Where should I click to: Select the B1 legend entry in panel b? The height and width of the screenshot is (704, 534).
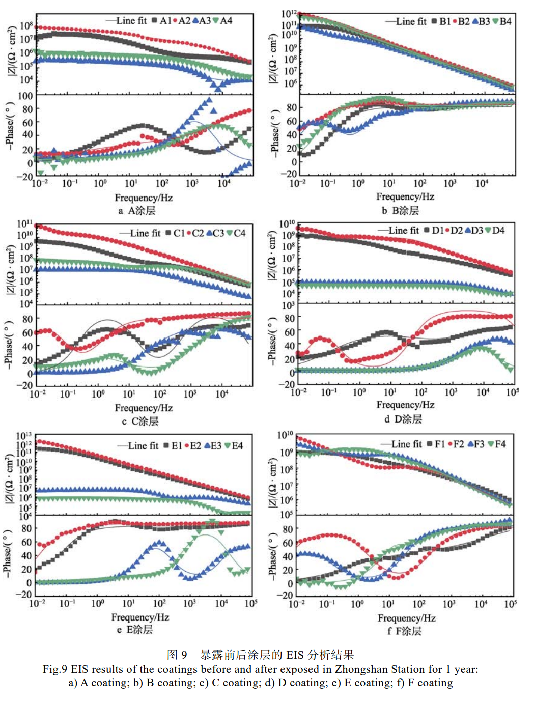click(441, 21)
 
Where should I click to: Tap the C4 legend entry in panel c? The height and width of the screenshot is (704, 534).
click(237, 233)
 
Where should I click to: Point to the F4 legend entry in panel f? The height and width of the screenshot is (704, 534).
click(497, 444)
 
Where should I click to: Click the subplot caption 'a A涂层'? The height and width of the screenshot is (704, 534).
click(137, 211)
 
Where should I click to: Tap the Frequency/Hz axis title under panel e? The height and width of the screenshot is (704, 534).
click(140, 617)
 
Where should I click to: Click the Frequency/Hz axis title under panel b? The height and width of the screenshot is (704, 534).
click(405, 196)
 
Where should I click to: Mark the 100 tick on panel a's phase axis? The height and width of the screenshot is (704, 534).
click(25, 96)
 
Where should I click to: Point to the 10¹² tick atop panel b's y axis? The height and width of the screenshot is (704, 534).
click(289, 13)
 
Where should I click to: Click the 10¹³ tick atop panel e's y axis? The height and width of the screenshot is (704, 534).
click(24, 436)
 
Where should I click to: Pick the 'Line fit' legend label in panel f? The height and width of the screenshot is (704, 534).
click(406, 444)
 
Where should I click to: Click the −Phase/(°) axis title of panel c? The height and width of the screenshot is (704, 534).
click(9, 344)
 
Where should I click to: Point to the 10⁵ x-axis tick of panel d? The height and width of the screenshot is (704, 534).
click(512, 392)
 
